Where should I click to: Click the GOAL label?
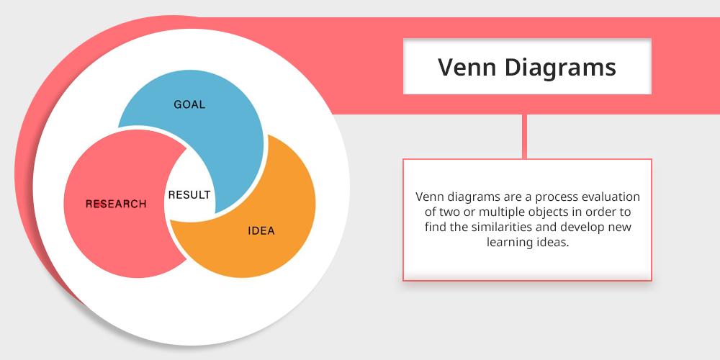(189, 104)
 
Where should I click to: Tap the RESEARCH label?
(116, 204)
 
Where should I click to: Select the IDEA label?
(261, 230)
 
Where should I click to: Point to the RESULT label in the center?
(189, 194)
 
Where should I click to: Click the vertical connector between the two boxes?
(524, 136)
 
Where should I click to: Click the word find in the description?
(433, 228)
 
